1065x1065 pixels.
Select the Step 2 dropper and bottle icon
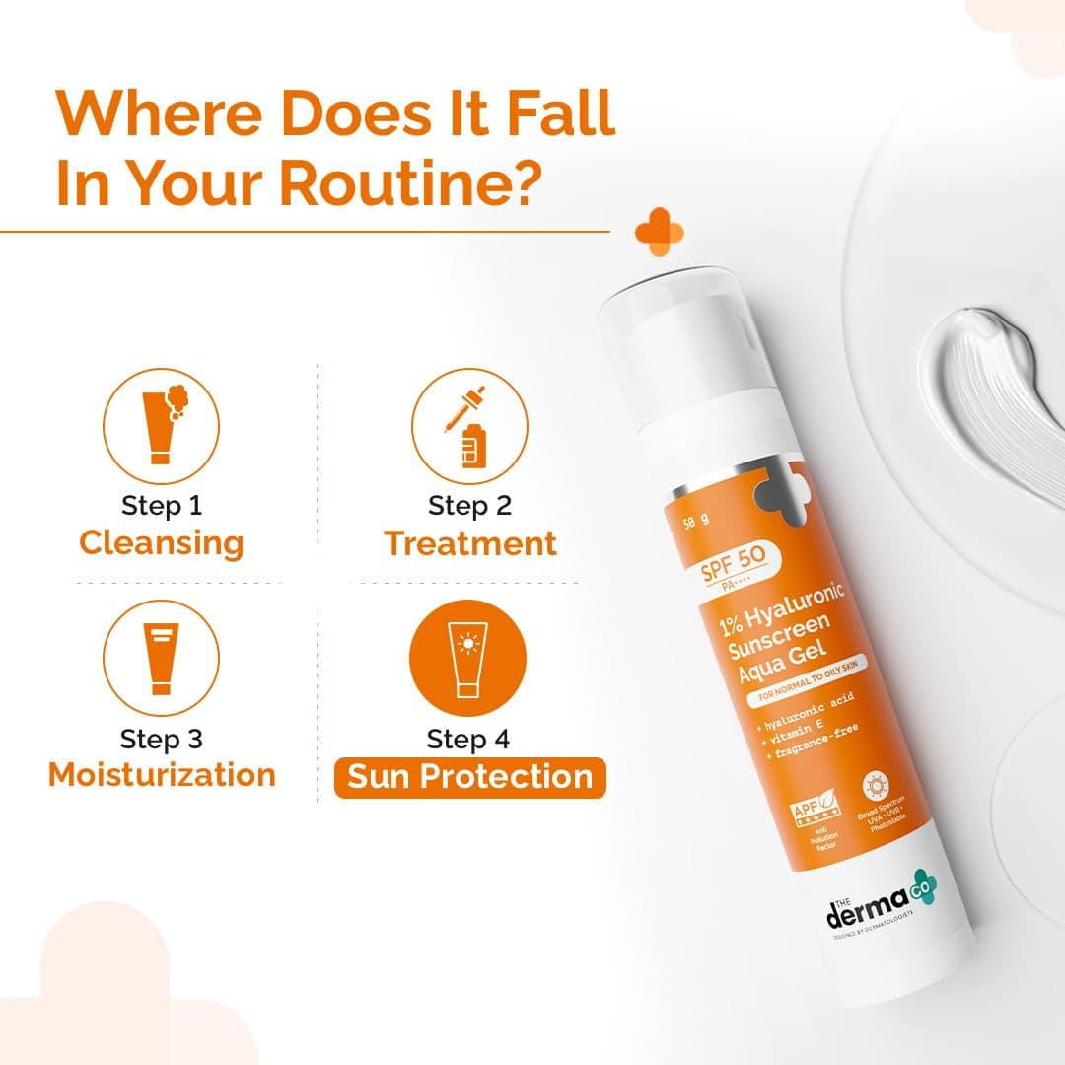(468, 426)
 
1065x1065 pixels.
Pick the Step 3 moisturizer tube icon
(161, 659)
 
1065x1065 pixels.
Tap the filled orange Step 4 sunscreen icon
(468, 659)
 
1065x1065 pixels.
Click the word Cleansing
(161, 543)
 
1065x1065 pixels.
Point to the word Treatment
(470, 543)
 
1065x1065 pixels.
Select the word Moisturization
(162, 775)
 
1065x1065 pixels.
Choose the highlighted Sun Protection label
(470, 777)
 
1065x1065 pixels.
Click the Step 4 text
(469, 739)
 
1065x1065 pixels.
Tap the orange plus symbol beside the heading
(660, 233)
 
